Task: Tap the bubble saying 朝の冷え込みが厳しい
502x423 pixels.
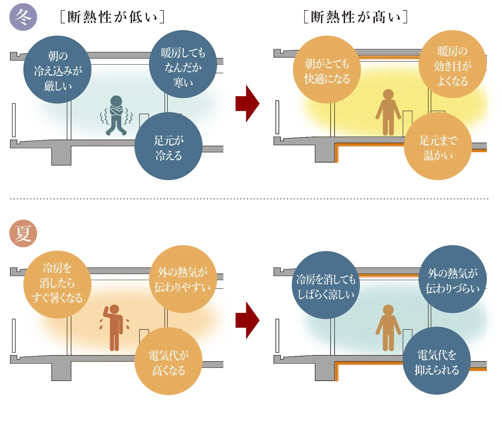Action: click(58, 70)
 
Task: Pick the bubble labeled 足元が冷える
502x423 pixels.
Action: click(169, 147)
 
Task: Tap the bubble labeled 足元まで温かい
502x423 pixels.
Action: click(438, 147)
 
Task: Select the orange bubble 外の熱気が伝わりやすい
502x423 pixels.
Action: click(183, 279)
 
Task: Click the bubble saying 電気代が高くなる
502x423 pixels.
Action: click(169, 362)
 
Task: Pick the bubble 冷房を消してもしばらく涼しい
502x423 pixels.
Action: click(326, 286)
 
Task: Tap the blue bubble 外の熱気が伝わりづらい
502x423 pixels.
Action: click(453, 279)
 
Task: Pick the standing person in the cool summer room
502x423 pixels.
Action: click(388, 328)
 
